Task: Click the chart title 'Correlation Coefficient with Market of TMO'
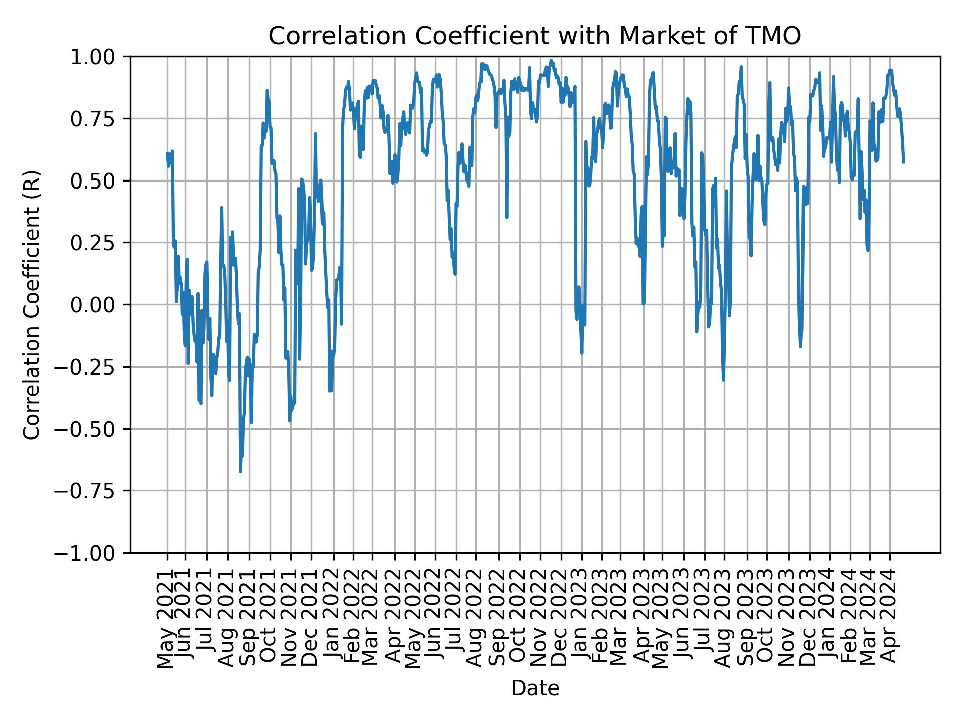click(x=535, y=36)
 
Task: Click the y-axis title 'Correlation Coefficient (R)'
click(x=32, y=304)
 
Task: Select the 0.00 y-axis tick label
click(x=99, y=305)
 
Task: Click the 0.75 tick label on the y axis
click(x=99, y=119)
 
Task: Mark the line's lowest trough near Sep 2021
click(x=240, y=471)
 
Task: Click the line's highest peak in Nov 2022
click(x=551, y=60)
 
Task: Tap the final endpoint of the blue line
click(x=904, y=162)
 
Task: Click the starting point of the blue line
click(x=167, y=153)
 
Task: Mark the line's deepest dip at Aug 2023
click(x=723, y=380)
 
